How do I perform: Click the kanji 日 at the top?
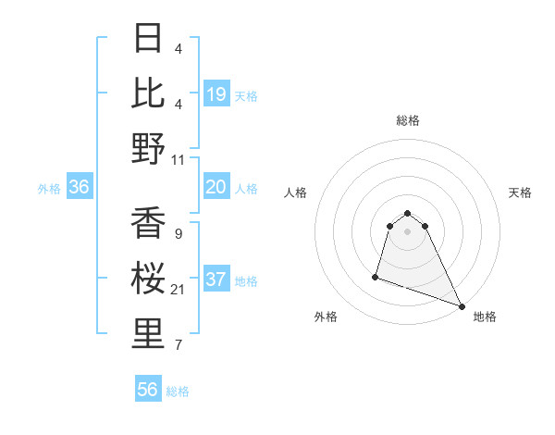pyautogui.click(x=149, y=40)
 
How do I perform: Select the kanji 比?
pyautogui.click(x=149, y=93)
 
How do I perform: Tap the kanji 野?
pyautogui.click(x=149, y=148)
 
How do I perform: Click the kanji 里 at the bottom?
pyautogui.click(x=149, y=335)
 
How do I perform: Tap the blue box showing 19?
pyautogui.click(x=216, y=93)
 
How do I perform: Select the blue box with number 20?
pyautogui.click(x=216, y=187)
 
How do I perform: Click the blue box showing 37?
pyautogui.click(x=216, y=280)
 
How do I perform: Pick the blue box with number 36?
pyautogui.click(x=80, y=187)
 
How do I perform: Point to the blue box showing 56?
pyautogui.click(x=148, y=390)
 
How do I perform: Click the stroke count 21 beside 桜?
pyautogui.click(x=179, y=291)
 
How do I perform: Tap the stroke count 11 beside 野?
pyautogui.click(x=179, y=159)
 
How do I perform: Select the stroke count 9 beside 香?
pyautogui.click(x=179, y=234)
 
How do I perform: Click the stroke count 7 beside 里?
pyautogui.click(x=179, y=346)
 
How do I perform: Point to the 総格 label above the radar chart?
pyautogui.click(x=407, y=119)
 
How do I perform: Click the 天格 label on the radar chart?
pyautogui.click(x=520, y=193)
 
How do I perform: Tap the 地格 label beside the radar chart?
pyautogui.click(x=485, y=317)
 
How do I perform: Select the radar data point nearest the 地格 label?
pyautogui.click(x=462, y=306)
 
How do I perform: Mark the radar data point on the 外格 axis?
pyautogui.click(x=376, y=276)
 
